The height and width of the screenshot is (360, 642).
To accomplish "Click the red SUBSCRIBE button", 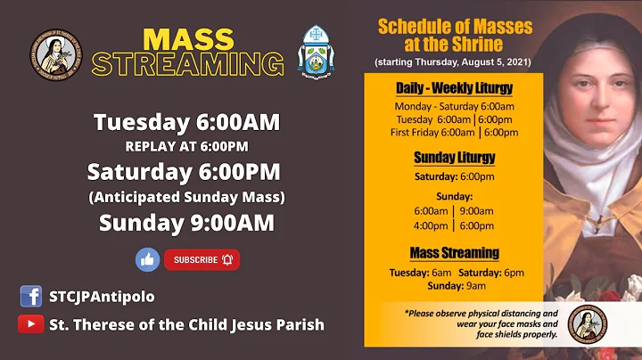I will [x=202, y=259].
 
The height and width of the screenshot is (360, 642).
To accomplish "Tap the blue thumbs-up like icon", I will [x=147, y=259].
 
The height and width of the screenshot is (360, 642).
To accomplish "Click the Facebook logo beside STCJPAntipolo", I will [x=30, y=296].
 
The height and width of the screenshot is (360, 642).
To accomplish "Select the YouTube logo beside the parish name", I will [x=30, y=324].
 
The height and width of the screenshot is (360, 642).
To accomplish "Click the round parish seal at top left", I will [x=55, y=55].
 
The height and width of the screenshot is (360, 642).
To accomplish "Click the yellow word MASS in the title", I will [x=188, y=39].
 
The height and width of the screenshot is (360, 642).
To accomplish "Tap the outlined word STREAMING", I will [x=188, y=64].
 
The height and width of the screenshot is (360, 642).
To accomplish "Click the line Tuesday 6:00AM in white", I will [x=186, y=122].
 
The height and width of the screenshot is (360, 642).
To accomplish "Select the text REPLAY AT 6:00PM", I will [x=186, y=146].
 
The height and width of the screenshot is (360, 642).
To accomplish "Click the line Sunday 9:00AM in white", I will [x=186, y=223].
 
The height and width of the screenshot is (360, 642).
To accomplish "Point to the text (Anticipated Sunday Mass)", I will [x=186, y=196].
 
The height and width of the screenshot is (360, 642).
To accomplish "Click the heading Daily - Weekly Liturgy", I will [x=454, y=88].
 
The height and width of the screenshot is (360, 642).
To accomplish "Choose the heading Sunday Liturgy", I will [x=454, y=158].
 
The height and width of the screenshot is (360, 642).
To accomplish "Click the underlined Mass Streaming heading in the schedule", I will [x=454, y=253].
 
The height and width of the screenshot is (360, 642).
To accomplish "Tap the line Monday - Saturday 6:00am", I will [x=455, y=106].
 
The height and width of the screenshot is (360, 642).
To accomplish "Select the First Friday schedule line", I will [x=455, y=133].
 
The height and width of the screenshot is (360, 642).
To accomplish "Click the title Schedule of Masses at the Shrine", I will [x=453, y=36].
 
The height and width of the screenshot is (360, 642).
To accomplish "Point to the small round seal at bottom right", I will [x=587, y=324].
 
